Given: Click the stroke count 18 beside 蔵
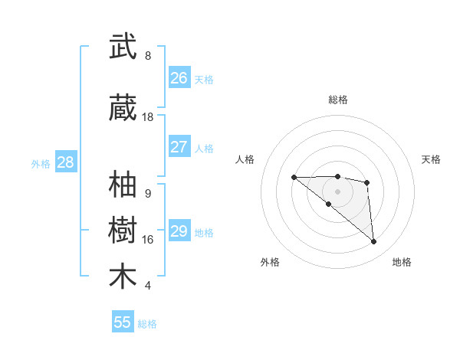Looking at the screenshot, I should [x=148, y=117].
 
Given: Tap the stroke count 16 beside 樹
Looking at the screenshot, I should [x=148, y=240].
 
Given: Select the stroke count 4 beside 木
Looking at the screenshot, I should [x=148, y=286].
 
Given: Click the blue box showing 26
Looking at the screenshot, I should [x=179, y=78].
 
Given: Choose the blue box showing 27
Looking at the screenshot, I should [x=179, y=147].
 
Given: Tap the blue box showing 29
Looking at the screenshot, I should [x=179, y=231].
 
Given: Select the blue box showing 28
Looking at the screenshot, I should [x=65, y=162].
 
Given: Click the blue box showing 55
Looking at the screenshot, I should [x=123, y=322].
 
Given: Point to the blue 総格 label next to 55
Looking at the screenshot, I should [x=147, y=324].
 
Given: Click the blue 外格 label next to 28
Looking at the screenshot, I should [x=41, y=163].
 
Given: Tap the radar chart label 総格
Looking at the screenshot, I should [x=338, y=100].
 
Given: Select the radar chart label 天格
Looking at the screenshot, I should [x=432, y=159].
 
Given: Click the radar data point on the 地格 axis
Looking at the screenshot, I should [x=374, y=242].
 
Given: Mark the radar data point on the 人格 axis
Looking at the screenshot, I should [x=294, y=177].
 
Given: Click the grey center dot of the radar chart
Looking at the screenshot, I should [x=338, y=191].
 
